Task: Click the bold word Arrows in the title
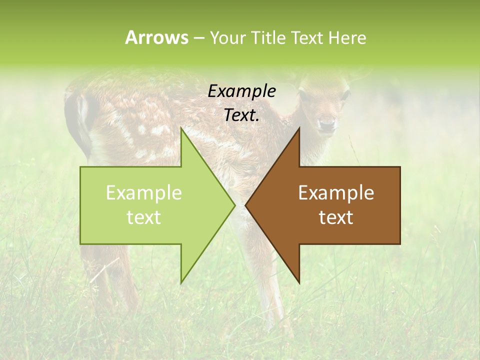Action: tap(156, 37)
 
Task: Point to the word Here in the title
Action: tap(347, 38)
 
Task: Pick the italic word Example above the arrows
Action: tap(241, 91)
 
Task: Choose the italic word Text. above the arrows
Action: tap(241, 115)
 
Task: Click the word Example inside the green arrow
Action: tap(143, 192)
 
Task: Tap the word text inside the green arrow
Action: tap(143, 217)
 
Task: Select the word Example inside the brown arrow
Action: tap(336, 192)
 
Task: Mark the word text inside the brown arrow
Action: tap(336, 217)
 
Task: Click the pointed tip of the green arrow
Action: tap(234, 205)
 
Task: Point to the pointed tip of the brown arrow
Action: tap(245, 205)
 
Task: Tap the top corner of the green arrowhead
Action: tap(181, 127)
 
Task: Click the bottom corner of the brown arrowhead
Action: tap(299, 283)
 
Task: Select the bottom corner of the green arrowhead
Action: tap(181, 283)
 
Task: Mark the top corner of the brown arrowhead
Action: tap(299, 127)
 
